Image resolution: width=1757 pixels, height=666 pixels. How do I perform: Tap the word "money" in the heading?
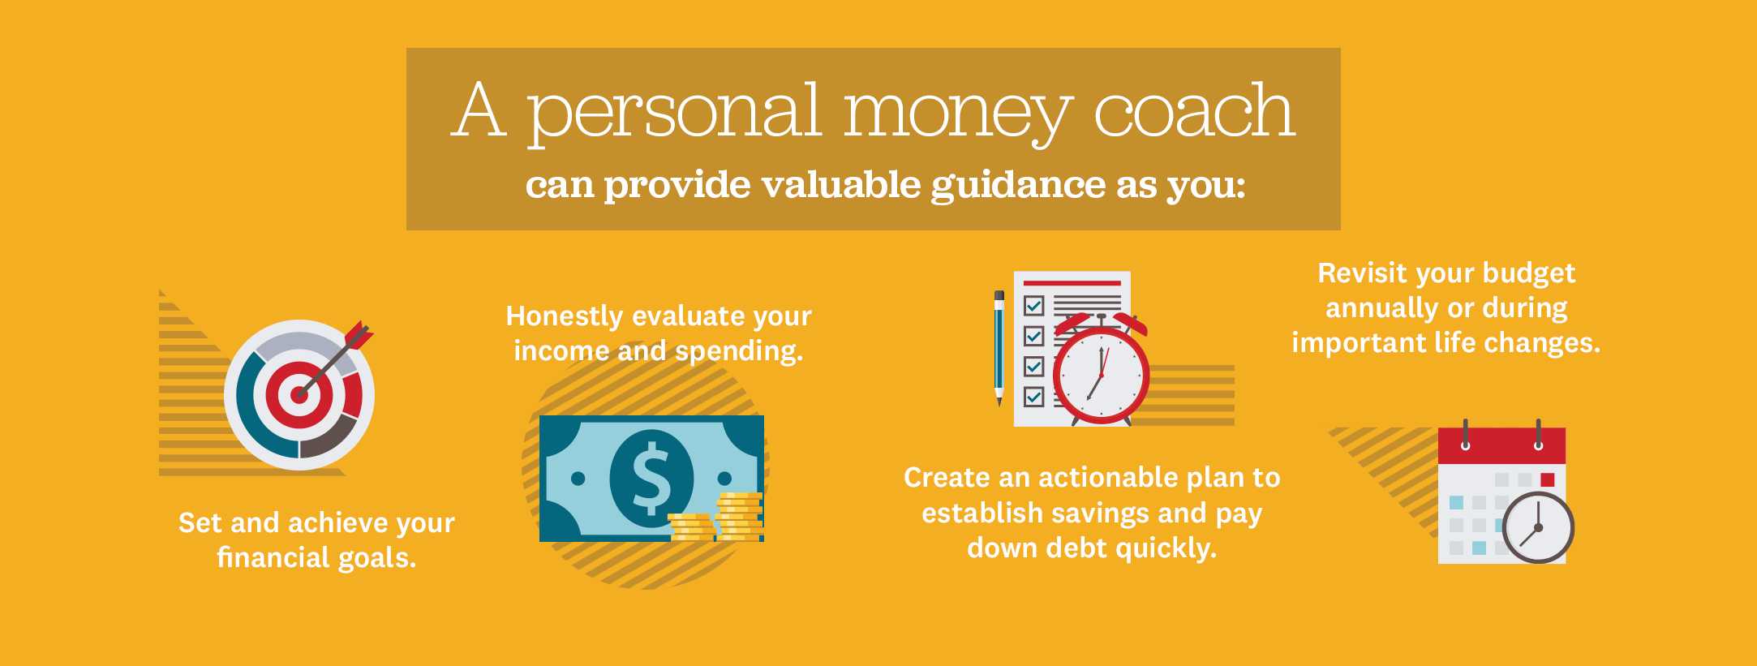957,114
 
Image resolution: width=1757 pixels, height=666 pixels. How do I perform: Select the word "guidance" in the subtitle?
1017,186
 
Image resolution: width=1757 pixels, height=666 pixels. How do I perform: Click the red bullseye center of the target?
299,395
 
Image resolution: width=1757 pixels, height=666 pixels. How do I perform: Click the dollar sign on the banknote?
651,479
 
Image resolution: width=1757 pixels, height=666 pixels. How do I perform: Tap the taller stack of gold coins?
739,516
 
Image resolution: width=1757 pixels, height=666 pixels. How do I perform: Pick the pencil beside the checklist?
999,348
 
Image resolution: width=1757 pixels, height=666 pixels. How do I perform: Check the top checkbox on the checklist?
1033,306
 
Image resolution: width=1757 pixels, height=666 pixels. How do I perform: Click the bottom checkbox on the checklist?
1033,397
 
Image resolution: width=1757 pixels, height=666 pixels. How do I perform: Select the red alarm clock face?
1101,376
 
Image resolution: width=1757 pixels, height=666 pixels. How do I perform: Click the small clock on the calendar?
1537,527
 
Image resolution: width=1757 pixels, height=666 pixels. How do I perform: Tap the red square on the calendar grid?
1547,479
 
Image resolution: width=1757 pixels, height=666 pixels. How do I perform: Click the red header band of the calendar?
1501,445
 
